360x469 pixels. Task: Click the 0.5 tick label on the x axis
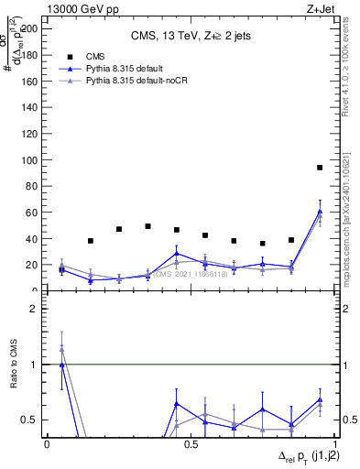[189, 443]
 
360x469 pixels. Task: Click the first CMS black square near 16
[61, 269]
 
